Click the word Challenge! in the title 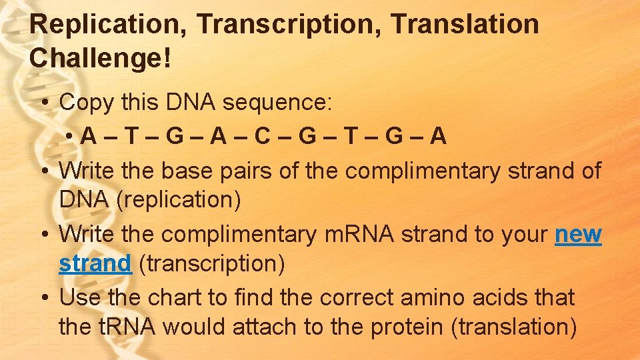tap(101, 58)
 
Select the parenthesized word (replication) tap(179, 199)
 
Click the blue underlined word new tap(578, 235)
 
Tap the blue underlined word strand tap(95, 263)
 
